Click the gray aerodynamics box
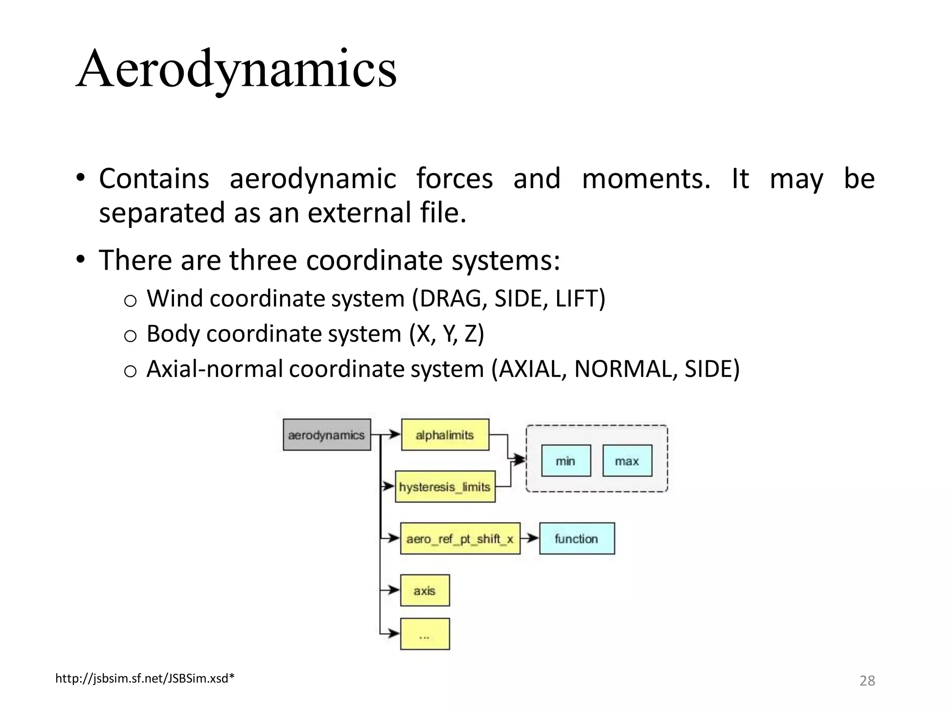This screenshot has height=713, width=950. coord(327,435)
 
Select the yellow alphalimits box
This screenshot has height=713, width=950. coord(444,435)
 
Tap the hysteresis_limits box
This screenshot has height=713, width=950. coord(445,487)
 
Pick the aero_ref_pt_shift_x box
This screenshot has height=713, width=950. coord(460,538)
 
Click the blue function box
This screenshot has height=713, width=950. coord(577,538)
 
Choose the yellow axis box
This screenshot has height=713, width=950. coord(424,590)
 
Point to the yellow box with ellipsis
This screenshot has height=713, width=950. coord(424,634)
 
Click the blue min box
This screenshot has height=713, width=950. coord(565,461)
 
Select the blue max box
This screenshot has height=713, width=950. coord(627,461)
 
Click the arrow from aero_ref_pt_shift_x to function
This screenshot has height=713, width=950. coord(530,538)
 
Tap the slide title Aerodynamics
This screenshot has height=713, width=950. coord(236,70)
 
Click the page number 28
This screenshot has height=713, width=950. coord(867,681)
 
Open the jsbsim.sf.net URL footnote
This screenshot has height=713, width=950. coord(145,679)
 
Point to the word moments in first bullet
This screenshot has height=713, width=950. coord(645,179)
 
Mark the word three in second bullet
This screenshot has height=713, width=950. coord(263,260)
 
